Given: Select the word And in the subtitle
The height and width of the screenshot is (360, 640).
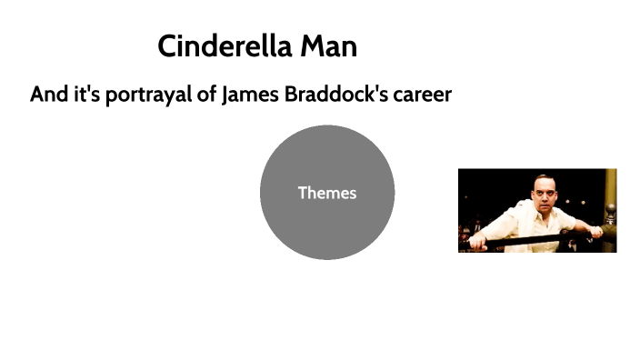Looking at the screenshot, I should click(49, 95).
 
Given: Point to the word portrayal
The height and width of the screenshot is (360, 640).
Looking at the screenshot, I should click(149, 95).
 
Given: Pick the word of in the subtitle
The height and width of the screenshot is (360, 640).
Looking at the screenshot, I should click(207, 95).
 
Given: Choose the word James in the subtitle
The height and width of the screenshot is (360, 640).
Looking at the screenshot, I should click(249, 95).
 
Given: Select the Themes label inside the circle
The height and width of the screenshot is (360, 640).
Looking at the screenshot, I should click(327, 193).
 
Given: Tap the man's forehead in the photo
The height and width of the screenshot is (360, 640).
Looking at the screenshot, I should click(543, 185).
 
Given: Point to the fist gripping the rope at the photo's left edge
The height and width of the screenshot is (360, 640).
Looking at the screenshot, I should click(478, 242).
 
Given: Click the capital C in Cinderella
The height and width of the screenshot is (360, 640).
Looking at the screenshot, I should click(167, 46).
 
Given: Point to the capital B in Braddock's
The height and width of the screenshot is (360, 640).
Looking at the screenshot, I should click(293, 95).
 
